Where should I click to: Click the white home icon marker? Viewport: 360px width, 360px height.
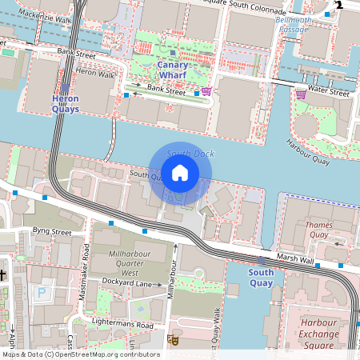coord(180,172)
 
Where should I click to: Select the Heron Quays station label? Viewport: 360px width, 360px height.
coord(66,103)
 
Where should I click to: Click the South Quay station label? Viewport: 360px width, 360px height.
coord(261,277)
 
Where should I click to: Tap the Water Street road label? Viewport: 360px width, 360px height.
coord(329,93)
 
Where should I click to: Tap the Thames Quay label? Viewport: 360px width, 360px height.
coord(318,230)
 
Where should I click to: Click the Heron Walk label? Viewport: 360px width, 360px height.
coord(94,73)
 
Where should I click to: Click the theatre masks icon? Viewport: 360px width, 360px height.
coord(172,340)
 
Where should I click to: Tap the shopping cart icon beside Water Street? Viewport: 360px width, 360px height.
coord(301,94)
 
